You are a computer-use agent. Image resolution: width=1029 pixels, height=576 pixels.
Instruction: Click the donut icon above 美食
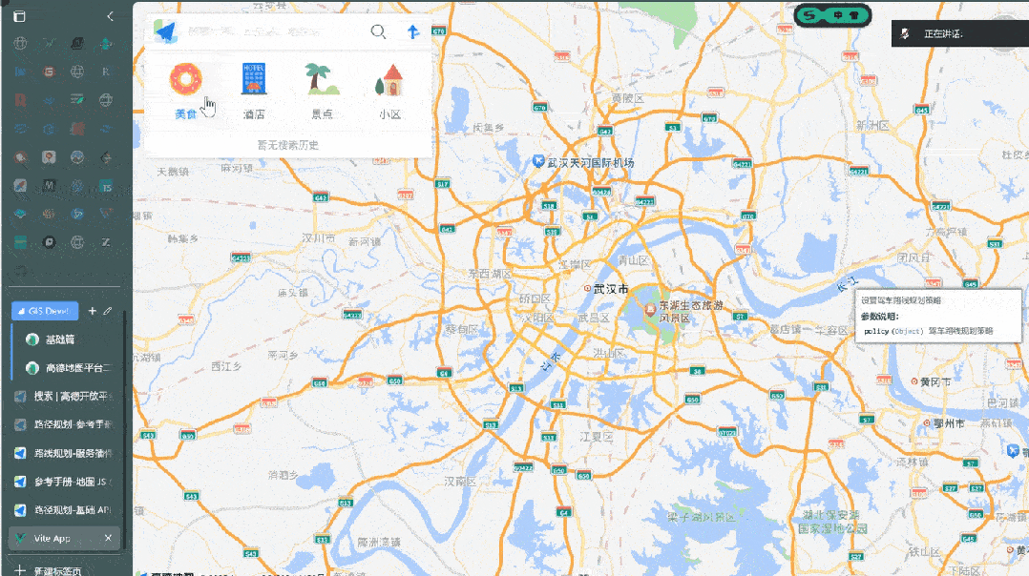[186, 78]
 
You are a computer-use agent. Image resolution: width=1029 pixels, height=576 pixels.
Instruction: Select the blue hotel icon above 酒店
[254, 78]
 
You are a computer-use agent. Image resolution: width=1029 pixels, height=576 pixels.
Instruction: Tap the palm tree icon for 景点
[322, 78]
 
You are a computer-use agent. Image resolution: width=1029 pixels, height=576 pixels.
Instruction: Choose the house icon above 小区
[389, 79]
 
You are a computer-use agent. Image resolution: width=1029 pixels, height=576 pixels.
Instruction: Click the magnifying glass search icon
[379, 31]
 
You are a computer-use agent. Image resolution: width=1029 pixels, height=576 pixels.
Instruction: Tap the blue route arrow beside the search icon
[413, 31]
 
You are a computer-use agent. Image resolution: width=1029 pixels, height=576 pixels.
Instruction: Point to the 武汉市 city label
[610, 288]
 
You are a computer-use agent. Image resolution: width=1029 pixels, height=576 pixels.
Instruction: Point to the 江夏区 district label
[597, 437]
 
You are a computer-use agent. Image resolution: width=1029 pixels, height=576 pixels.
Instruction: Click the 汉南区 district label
[460, 482]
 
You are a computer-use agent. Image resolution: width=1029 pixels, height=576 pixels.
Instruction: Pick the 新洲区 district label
[872, 125]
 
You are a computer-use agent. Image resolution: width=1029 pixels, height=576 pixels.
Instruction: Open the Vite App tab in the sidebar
[52, 539]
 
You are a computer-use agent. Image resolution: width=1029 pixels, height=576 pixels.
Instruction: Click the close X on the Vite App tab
[108, 539]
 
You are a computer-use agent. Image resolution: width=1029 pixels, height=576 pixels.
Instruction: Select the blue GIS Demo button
[45, 311]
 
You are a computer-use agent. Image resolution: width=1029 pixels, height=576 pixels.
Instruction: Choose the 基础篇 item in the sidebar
[60, 339]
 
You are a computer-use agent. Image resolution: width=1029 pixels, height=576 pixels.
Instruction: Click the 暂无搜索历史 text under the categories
[287, 145]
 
